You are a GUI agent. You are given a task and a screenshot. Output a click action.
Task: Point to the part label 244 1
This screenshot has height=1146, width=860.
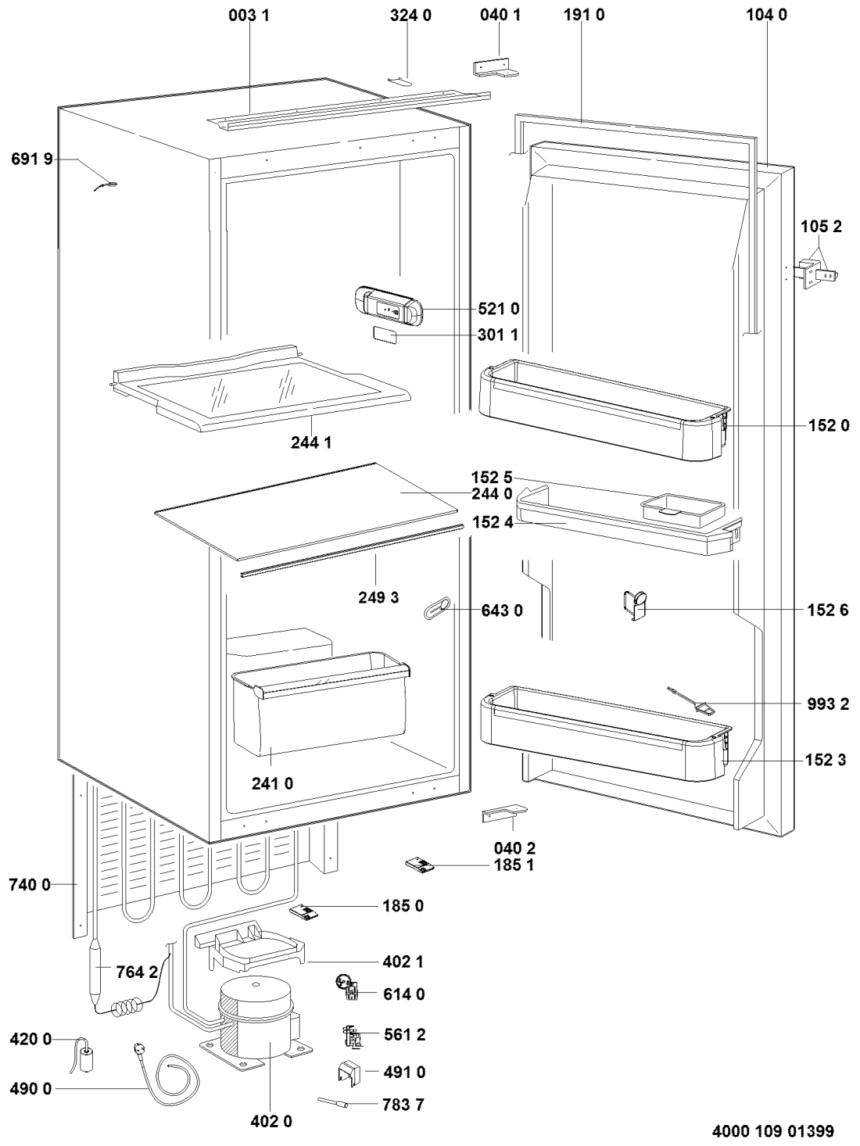[311, 442]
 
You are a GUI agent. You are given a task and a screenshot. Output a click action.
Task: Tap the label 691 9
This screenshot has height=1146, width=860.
[31, 159]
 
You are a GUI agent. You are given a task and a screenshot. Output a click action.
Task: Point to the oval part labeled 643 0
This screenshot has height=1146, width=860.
[436, 609]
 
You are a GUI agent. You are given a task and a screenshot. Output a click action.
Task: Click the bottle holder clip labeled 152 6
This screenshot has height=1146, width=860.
[637, 606]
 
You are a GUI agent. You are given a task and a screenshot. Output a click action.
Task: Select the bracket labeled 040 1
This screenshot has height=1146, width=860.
[496, 67]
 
